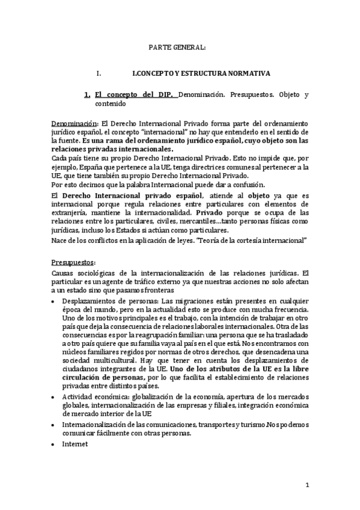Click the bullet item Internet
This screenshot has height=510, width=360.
click(75, 444)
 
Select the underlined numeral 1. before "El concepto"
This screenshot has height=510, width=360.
click(87, 94)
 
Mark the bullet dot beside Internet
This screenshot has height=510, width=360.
click(54, 444)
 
